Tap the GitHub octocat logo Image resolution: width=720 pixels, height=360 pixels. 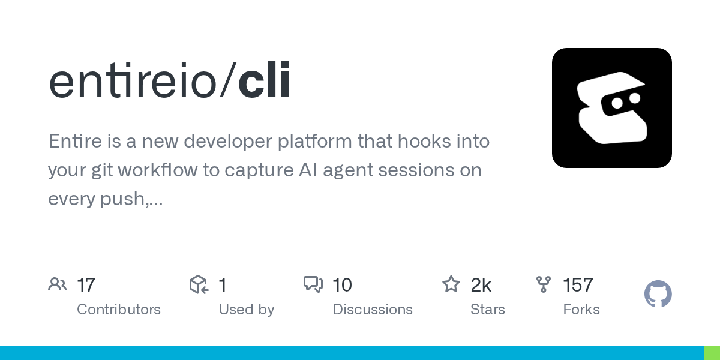658,295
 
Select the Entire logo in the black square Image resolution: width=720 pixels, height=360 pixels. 611,108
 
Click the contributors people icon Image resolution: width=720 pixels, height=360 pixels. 58,284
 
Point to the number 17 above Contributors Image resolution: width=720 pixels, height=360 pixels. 86,285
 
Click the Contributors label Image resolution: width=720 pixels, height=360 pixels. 119,310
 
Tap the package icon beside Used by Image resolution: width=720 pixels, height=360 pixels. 199,284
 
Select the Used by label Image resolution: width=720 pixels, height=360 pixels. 246,310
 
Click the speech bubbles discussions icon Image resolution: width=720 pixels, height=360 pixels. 313,284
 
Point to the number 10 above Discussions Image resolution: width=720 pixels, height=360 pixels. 342,285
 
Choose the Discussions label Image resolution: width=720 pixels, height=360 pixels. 373,310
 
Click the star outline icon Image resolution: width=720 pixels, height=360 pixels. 451,284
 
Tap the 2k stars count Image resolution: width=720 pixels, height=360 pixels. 481,285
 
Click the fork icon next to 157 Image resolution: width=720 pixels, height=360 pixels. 544,284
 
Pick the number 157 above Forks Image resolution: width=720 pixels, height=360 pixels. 578,285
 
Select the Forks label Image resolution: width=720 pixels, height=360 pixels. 581,310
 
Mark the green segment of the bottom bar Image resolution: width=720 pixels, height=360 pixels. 712,353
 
